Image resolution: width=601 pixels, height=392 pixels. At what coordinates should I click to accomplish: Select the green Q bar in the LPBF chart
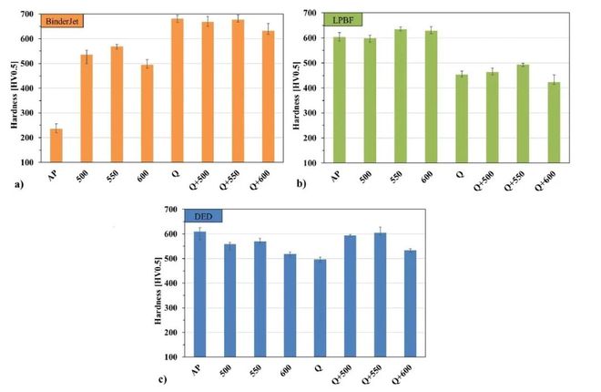point(463,119)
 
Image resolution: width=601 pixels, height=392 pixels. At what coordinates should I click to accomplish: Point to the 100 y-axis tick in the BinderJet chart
point(28,162)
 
